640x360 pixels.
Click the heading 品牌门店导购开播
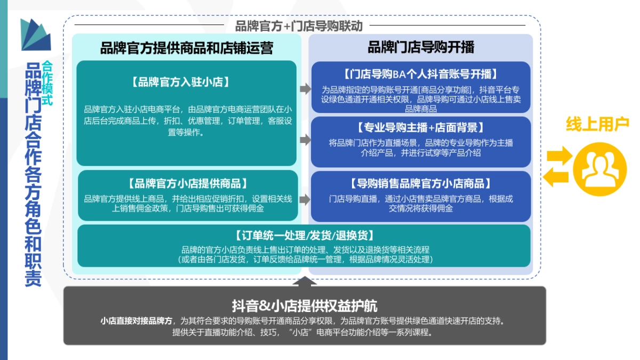pyautogui.click(x=421, y=47)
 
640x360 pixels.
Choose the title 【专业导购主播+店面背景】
pyautogui.click(x=421, y=127)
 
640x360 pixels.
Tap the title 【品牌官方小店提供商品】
pyautogui.click(x=188, y=183)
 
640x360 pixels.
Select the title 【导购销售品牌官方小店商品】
pyautogui.click(x=421, y=183)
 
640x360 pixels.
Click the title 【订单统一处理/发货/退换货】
pyautogui.click(x=304, y=235)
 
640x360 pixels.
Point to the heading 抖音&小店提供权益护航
pyautogui.click(x=305, y=306)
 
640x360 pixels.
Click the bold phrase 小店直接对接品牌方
pyautogui.click(x=136, y=321)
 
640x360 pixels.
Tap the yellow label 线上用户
pyautogui.click(x=597, y=124)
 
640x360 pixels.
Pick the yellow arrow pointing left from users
pyautogui.click(x=556, y=177)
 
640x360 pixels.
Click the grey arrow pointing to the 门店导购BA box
pyautogui.click(x=305, y=89)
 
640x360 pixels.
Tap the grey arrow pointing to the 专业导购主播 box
pyautogui.click(x=305, y=140)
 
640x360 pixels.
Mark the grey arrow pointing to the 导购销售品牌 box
pyautogui.click(x=305, y=199)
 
